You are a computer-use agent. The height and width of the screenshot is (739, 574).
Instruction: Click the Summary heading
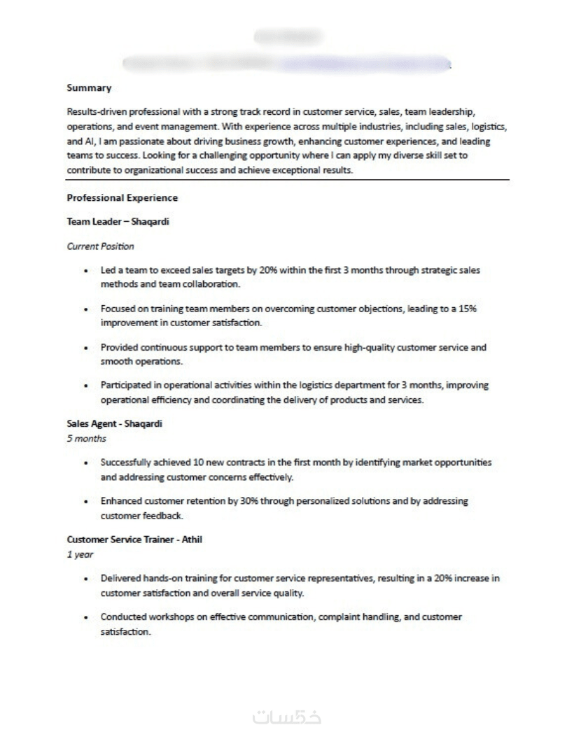(x=89, y=88)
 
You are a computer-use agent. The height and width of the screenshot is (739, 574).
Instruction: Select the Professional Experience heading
(x=122, y=198)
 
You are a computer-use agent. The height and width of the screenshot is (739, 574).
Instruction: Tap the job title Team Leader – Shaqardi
(x=118, y=222)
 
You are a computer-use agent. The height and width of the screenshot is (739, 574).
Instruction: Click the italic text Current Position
(x=100, y=246)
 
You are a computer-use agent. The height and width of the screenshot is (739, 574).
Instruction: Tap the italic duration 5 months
(x=86, y=439)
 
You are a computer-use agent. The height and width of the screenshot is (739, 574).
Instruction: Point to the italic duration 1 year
(x=80, y=554)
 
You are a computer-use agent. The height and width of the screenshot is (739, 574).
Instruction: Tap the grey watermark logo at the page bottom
(x=286, y=718)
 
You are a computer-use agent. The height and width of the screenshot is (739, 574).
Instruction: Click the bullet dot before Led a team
(x=85, y=270)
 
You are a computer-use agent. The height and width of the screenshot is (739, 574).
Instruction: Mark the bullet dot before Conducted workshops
(x=85, y=617)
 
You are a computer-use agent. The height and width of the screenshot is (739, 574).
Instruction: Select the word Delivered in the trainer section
(x=120, y=579)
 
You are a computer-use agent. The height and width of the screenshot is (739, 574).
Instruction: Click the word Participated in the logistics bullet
(x=126, y=386)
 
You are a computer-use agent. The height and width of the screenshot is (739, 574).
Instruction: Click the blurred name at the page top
(x=286, y=35)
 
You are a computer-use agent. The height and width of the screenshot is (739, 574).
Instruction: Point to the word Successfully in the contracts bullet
(x=129, y=463)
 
